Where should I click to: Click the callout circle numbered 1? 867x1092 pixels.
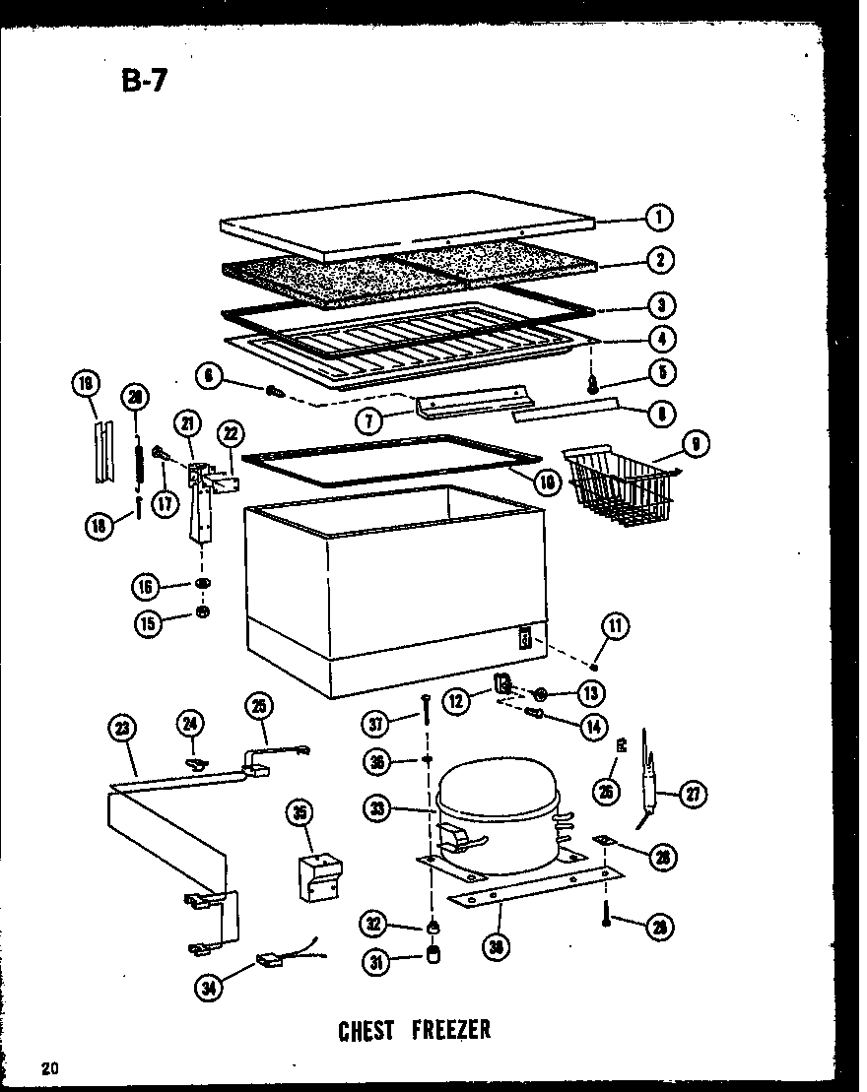(659, 217)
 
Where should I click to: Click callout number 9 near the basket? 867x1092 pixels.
(696, 445)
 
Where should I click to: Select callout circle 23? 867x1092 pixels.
(121, 729)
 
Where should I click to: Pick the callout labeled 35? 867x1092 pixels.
(298, 813)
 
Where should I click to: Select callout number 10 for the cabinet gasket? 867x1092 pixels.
(549, 482)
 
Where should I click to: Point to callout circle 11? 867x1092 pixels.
(616, 625)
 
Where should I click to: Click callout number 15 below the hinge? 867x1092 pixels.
(147, 623)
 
